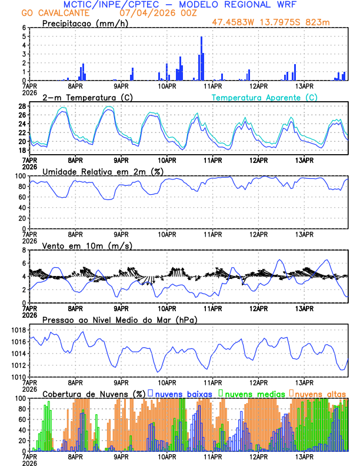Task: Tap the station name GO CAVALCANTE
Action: tap(48, 12)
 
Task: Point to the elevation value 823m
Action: tap(335, 22)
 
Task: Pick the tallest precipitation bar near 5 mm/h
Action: tap(201, 58)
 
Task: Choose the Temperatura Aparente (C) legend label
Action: tap(265, 97)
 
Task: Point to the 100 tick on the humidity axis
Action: tap(20, 176)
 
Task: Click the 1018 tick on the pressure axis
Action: tap(17, 330)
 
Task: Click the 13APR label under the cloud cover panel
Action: tap(304, 455)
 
